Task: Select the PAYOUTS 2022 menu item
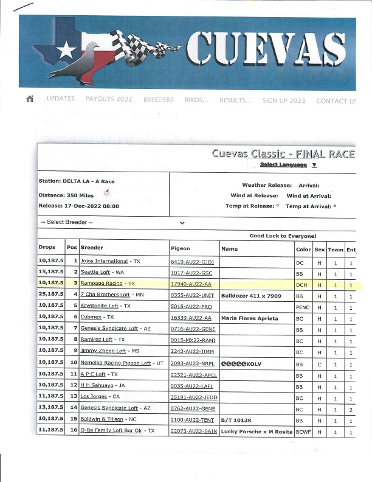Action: [108, 99]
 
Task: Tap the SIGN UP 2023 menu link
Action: [284, 100]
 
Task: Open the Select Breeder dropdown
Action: [112, 222]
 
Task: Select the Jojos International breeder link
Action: [104, 261]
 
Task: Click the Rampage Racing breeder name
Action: [101, 284]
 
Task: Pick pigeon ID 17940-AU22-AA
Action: [191, 284]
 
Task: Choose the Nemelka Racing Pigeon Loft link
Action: [115, 363]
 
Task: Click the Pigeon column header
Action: [181, 248]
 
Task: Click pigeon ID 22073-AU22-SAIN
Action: [194, 431]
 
